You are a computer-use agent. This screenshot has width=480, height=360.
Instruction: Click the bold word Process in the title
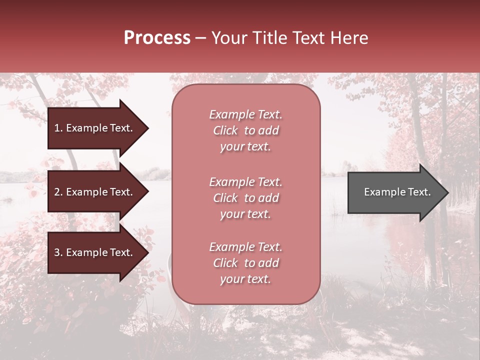(x=157, y=38)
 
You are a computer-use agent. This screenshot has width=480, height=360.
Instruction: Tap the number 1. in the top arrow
(x=58, y=128)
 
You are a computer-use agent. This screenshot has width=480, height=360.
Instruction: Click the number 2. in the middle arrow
(x=58, y=192)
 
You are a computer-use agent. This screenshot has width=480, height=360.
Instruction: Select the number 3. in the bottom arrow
(x=58, y=252)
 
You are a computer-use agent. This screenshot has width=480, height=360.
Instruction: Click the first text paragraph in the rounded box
(x=245, y=130)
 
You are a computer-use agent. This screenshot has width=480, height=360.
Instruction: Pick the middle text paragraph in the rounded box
(x=245, y=198)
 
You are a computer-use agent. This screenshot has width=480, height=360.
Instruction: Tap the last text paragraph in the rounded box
(x=245, y=263)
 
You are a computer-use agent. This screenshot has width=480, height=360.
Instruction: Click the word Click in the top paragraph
(x=225, y=130)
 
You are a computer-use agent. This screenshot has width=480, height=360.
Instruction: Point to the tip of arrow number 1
(x=147, y=128)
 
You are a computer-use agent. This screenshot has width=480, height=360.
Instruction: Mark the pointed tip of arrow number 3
(x=147, y=252)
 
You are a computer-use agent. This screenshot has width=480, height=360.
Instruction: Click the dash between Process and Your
(x=200, y=38)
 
